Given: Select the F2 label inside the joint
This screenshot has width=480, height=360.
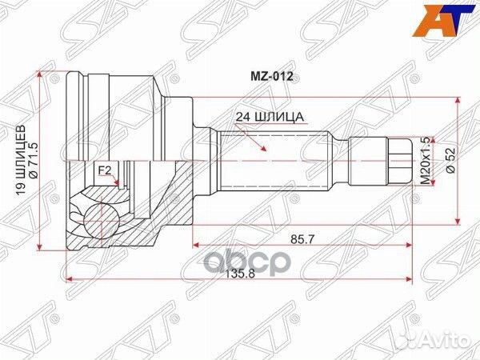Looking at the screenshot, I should pyautogui.click(x=104, y=170).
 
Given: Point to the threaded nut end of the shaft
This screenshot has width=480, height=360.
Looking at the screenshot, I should pyautogui.click(x=399, y=160).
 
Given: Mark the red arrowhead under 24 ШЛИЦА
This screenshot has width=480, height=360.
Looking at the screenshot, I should pyautogui.click(x=262, y=150).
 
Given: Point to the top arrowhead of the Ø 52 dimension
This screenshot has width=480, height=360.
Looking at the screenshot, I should pyautogui.click(x=457, y=102).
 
